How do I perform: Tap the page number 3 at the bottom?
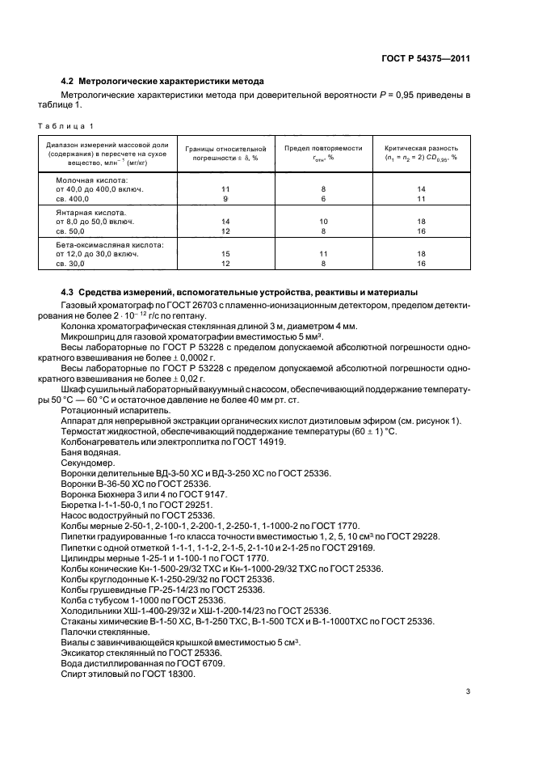(468, 691)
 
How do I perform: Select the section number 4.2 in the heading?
(69, 82)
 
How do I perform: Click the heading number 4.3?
(69, 291)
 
